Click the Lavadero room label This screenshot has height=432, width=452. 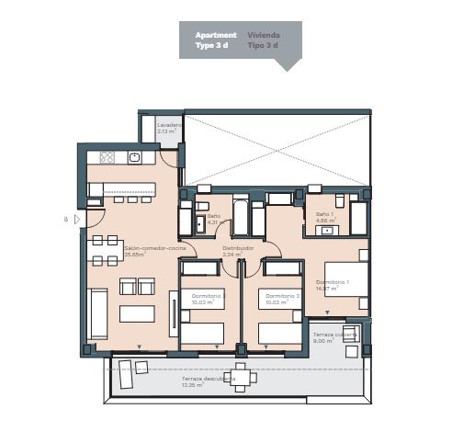168,125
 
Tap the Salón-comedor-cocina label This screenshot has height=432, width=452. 149,247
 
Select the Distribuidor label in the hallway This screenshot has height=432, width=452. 237,247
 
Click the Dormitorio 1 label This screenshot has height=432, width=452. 332,281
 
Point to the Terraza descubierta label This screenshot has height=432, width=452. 208,378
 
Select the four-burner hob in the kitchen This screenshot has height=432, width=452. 107,157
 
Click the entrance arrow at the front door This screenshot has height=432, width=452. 77,220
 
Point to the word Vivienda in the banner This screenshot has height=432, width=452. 263,35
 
